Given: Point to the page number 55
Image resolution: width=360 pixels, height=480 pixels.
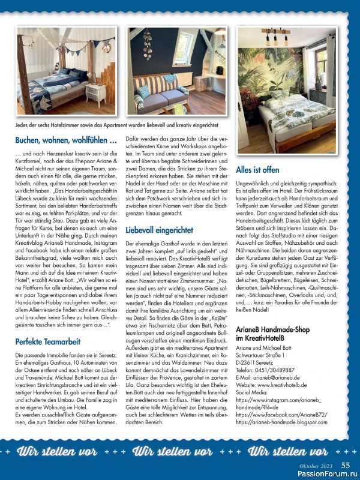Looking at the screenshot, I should (346, 464).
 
